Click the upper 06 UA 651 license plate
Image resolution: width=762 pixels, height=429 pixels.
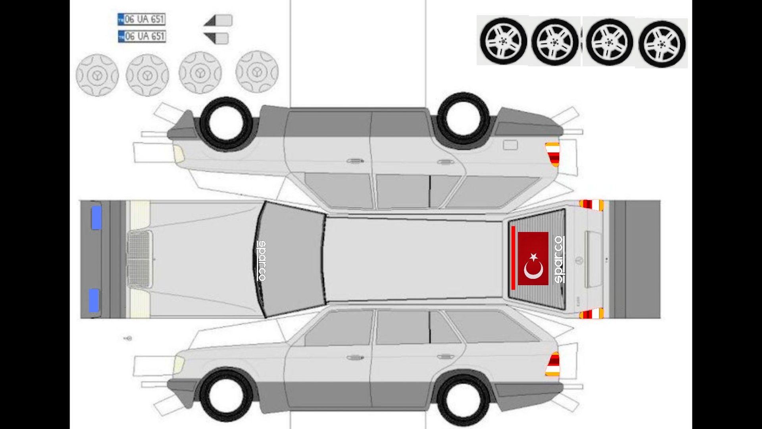click(x=141, y=19)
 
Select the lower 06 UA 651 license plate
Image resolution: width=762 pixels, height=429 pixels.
click(x=141, y=37)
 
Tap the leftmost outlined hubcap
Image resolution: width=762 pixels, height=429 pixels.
click(x=97, y=75)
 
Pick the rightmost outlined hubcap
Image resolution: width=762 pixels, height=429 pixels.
click(x=257, y=72)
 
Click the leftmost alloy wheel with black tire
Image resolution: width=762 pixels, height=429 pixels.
click(x=503, y=41)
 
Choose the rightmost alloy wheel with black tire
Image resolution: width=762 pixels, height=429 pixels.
click(x=662, y=44)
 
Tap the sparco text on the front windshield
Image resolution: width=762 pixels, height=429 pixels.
click(x=262, y=261)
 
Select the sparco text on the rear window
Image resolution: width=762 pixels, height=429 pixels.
click(x=558, y=259)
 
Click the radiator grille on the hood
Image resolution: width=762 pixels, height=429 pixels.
click(x=140, y=259)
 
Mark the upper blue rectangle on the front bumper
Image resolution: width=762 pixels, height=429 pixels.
click(x=96, y=217)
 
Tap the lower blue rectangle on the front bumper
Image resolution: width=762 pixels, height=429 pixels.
click(x=94, y=300)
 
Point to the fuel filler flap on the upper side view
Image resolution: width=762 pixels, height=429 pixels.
click(x=510, y=145)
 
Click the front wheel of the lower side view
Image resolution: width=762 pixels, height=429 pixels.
click(x=226, y=395)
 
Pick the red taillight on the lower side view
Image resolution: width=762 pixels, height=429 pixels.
click(x=553, y=364)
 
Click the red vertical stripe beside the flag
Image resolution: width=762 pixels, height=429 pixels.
click(x=513, y=258)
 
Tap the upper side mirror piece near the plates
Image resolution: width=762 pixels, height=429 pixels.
click(x=218, y=21)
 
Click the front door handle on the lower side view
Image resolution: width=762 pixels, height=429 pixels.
click(x=355, y=357)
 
